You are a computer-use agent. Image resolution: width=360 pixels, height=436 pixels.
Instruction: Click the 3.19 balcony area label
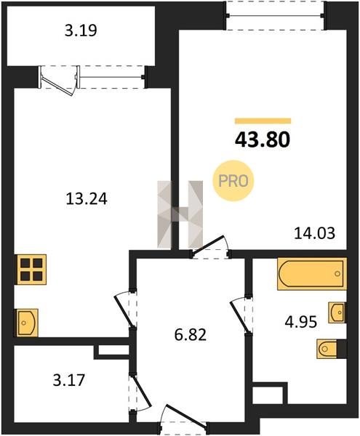point(81,31)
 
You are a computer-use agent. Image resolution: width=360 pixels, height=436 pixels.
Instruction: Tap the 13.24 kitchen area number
point(87,199)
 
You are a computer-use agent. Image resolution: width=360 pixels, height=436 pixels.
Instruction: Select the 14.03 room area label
point(315,233)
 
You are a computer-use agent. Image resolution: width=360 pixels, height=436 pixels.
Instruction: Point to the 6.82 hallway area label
point(191,334)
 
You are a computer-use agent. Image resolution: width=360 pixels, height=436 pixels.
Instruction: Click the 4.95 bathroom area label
point(301,322)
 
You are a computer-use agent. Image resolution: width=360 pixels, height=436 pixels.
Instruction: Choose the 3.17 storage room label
point(68,380)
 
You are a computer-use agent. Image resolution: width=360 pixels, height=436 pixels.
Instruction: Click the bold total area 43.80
point(263,140)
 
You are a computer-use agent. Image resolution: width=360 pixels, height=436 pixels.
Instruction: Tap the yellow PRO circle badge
point(233,181)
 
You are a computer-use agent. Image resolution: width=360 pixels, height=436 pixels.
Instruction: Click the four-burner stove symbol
point(31,270)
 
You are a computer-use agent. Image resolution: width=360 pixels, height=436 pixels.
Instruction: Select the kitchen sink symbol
point(27,323)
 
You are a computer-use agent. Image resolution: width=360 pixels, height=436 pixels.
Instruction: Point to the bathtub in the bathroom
point(312,274)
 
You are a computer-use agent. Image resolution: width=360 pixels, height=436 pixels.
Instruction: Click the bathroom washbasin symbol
point(337,312)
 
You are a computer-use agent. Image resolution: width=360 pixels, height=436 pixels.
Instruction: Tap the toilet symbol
point(331,349)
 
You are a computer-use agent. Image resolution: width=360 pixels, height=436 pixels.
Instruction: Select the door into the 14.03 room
point(209,245)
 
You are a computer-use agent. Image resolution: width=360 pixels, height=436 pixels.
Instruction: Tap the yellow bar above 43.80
point(263,121)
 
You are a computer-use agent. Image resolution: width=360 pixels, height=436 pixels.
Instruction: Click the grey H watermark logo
point(180,214)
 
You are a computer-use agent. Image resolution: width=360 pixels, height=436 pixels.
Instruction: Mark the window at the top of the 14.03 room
point(276,15)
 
